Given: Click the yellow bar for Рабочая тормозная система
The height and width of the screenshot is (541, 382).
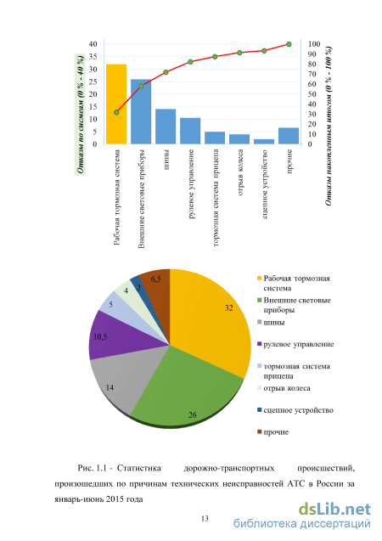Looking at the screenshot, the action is [116, 104].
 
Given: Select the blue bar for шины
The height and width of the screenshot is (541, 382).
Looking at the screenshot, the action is [166, 127].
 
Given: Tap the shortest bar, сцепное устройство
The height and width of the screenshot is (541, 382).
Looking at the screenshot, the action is [264, 142].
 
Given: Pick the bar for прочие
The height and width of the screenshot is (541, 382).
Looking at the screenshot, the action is [289, 136].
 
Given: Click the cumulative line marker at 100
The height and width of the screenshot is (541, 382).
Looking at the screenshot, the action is [289, 44].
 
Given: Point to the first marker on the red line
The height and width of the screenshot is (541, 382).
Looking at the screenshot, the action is [116, 112].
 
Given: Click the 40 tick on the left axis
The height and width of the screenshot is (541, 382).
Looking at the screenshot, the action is [93, 44].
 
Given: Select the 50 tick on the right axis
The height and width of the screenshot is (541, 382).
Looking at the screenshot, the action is [312, 93].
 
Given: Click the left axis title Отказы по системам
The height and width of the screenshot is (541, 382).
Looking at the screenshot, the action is [81, 114].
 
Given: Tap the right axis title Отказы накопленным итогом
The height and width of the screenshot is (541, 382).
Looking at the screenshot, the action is [329, 126].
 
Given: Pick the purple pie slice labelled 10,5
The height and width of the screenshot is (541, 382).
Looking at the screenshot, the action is [114, 337].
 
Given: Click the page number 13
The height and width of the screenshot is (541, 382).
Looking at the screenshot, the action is [205, 518].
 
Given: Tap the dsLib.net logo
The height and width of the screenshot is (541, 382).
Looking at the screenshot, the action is [334, 510].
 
